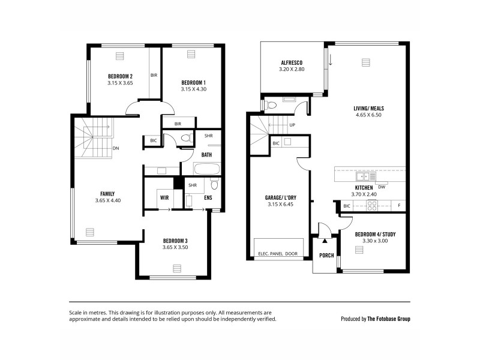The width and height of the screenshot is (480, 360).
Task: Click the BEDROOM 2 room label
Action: (x=120, y=76)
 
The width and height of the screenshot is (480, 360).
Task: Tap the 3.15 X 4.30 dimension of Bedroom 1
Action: (x=193, y=89)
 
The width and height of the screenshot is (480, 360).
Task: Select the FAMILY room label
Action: (x=107, y=194)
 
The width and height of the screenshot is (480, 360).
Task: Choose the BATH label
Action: (x=206, y=155)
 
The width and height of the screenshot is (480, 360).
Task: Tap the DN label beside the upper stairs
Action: (x=115, y=148)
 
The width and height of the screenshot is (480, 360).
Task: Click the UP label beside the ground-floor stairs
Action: (x=292, y=125)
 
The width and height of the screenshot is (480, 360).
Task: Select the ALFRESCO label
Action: (x=292, y=63)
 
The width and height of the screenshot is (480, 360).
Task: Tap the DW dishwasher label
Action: (x=382, y=187)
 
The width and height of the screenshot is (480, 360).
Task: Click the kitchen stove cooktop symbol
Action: (x=372, y=205)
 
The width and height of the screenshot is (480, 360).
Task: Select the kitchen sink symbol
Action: (x=364, y=176)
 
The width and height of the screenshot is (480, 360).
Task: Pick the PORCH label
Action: (x=326, y=255)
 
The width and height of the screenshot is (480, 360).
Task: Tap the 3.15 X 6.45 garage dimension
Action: (x=278, y=205)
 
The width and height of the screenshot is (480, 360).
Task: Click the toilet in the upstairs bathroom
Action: (x=186, y=139)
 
